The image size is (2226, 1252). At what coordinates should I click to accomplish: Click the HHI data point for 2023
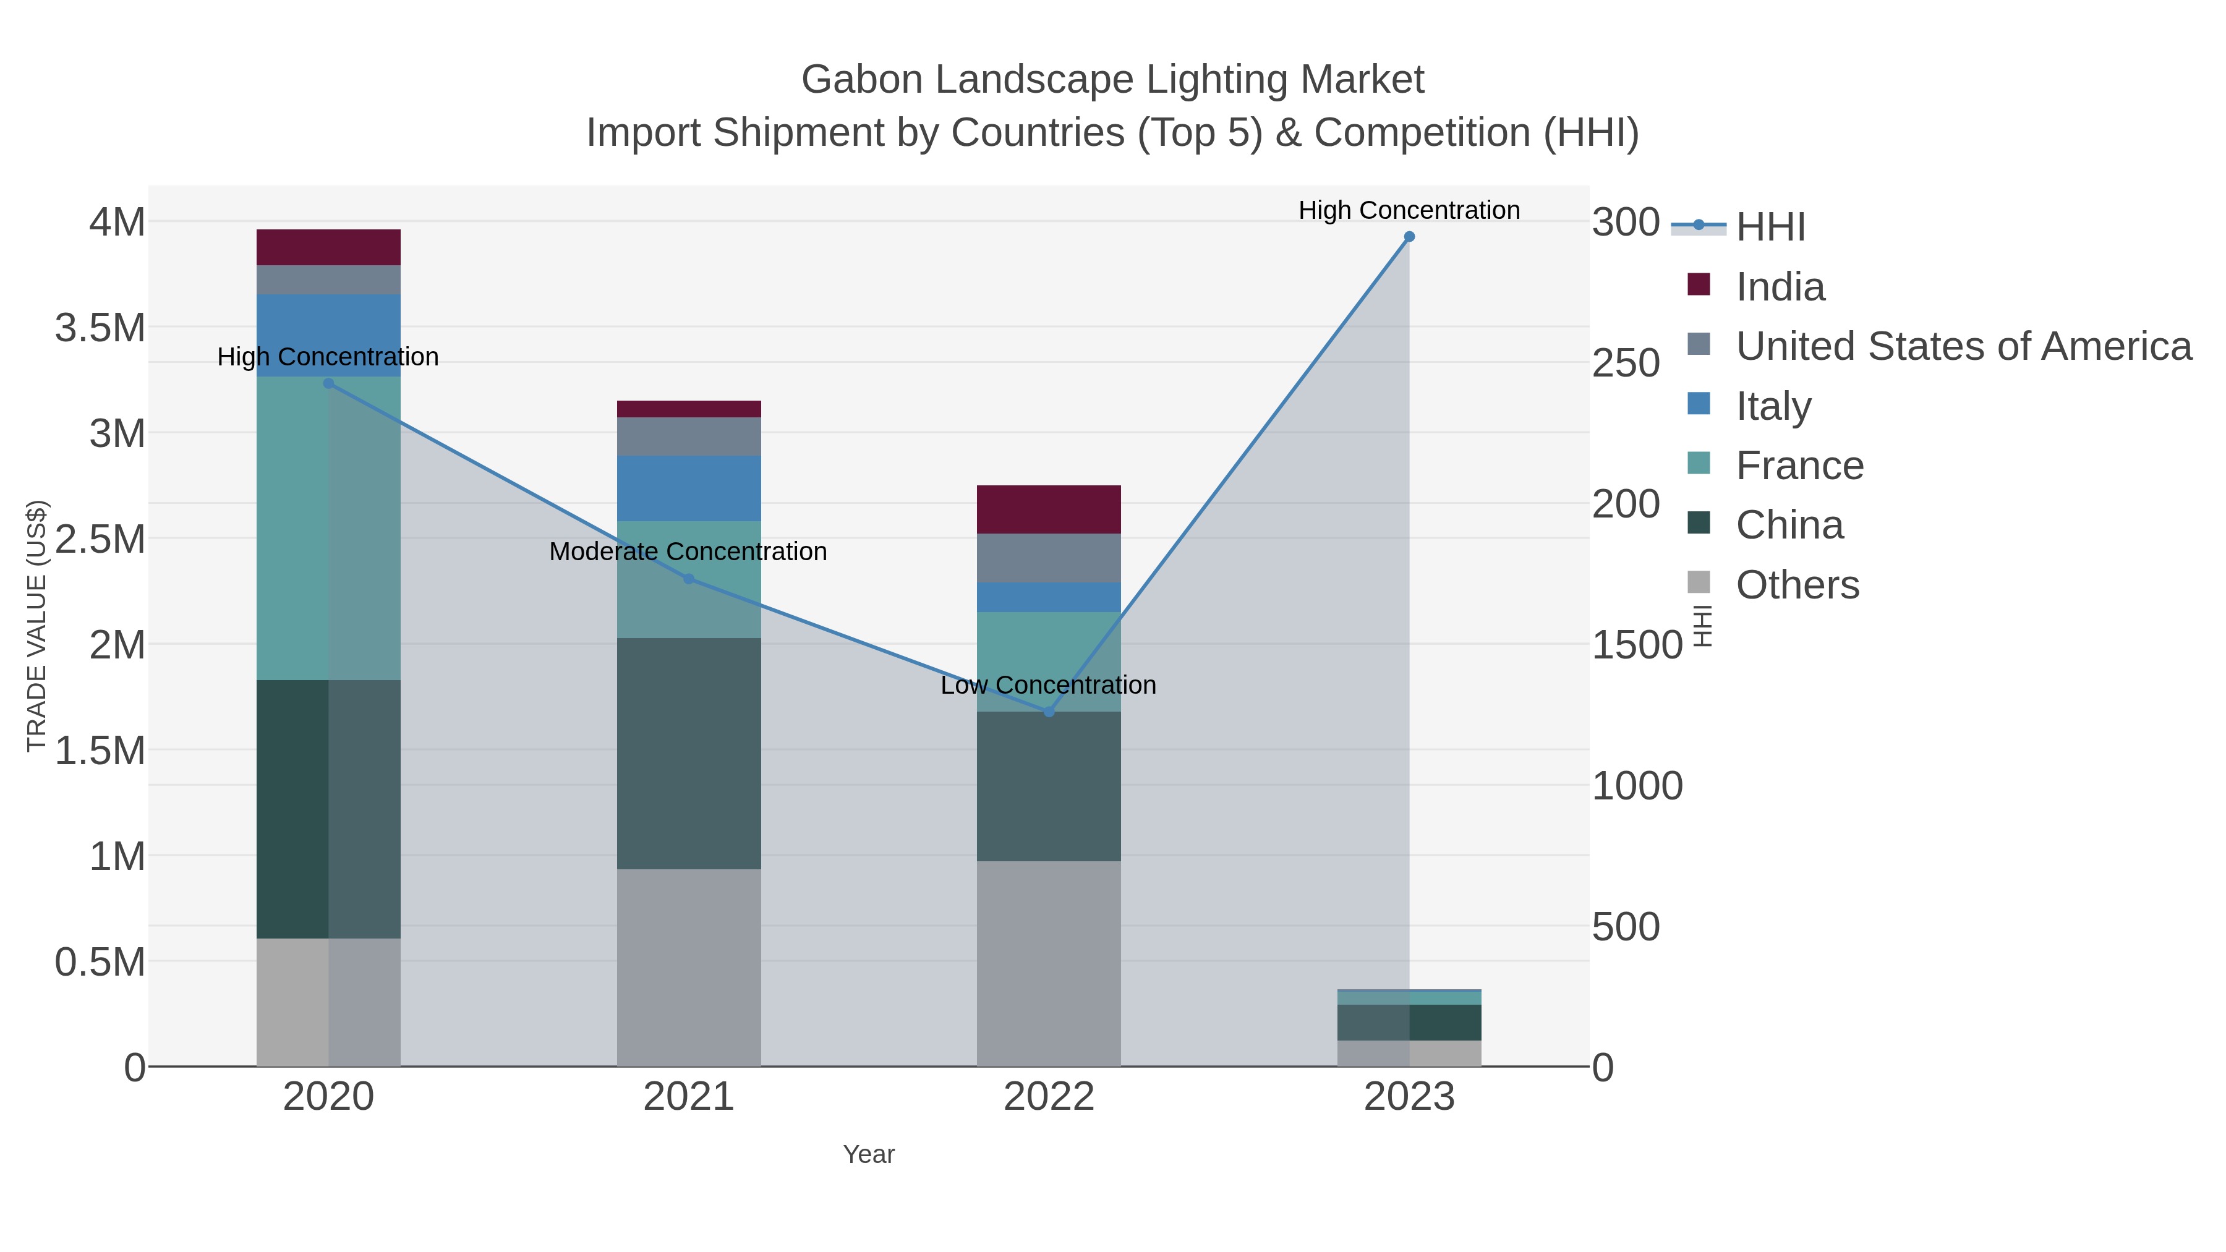pyautogui.click(x=1409, y=237)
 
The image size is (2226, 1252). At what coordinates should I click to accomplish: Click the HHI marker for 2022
pyautogui.click(x=1049, y=712)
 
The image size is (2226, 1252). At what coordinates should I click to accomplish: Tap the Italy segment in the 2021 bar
pyautogui.click(x=689, y=488)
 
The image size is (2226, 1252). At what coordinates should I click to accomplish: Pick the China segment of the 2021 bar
pyautogui.click(x=689, y=754)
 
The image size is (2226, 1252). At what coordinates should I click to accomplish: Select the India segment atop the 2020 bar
pyautogui.click(x=328, y=247)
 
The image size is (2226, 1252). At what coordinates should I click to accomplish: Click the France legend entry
pyautogui.click(x=1799, y=466)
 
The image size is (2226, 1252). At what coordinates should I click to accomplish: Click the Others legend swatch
pyautogui.click(x=1698, y=583)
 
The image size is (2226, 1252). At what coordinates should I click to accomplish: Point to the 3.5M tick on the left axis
pyautogui.click(x=100, y=328)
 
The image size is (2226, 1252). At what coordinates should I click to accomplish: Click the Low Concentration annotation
pyautogui.click(x=1048, y=685)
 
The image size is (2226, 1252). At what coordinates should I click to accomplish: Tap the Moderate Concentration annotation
pyautogui.click(x=688, y=551)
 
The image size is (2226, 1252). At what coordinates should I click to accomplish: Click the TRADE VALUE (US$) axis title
pyautogui.click(x=36, y=626)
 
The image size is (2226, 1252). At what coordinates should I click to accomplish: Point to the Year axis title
pyautogui.click(x=869, y=1154)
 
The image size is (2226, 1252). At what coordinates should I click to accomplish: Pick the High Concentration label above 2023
pyautogui.click(x=1409, y=210)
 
